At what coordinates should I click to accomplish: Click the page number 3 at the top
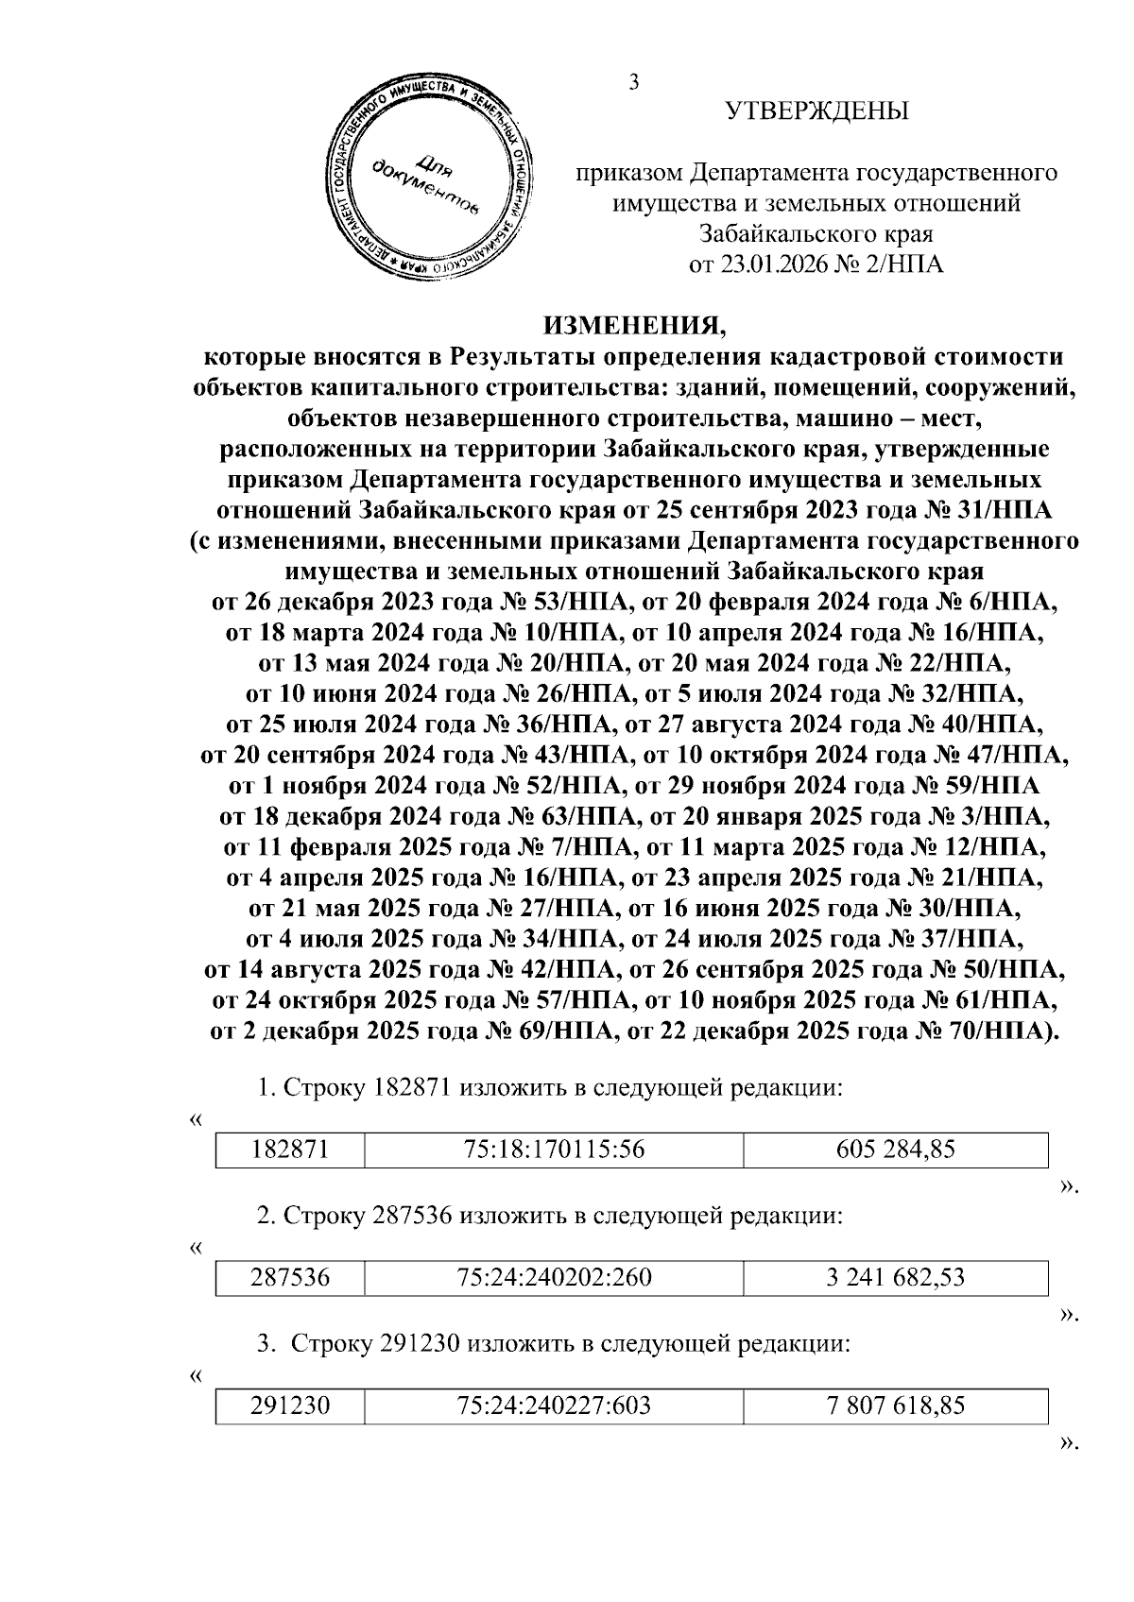(x=634, y=82)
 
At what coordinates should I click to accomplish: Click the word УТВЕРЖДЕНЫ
(x=816, y=111)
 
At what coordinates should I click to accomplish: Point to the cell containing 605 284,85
(x=895, y=1150)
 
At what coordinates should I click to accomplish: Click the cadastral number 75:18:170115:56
(x=553, y=1150)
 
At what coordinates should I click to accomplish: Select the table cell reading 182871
(x=289, y=1150)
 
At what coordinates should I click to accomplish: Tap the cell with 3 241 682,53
(x=895, y=1278)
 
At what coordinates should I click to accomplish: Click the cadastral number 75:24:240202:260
(x=553, y=1278)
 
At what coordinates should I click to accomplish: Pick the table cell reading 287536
(x=289, y=1278)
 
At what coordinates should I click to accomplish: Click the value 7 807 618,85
(x=895, y=1406)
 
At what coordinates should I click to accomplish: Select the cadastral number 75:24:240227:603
(x=553, y=1406)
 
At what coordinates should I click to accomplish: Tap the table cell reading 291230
(x=289, y=1406)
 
